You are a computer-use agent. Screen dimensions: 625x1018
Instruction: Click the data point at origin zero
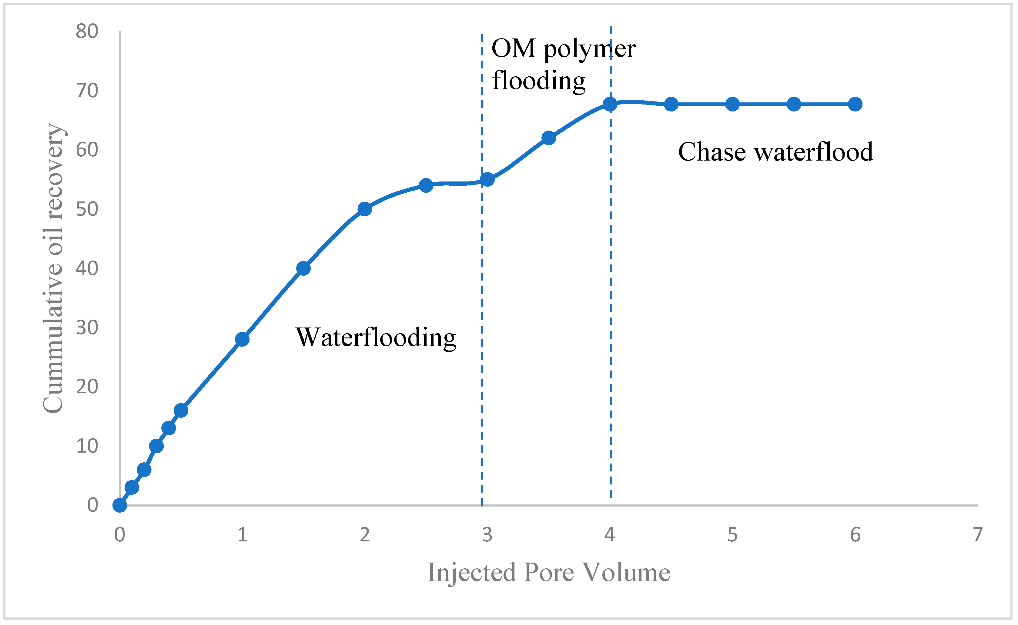click(119, 505)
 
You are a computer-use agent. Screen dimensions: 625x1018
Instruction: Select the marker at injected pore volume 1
click(242, 339)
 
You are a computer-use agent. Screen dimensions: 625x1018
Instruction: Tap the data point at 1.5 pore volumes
click(303, 268)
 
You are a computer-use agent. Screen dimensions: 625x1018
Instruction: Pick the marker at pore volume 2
click(364, 209)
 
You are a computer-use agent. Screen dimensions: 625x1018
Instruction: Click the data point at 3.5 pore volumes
click(548, 138)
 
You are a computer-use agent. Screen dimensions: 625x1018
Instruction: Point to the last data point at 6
click(855, 104)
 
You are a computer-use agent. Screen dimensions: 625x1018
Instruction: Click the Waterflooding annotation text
click(376, 337)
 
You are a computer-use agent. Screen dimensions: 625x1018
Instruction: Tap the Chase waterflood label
click(775, 152)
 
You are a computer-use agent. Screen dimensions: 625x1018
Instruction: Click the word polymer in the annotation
click(589, 49)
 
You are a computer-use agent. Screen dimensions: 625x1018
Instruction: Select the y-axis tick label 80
click(87, 32)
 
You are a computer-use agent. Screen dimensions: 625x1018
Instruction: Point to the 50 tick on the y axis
click(87, 209)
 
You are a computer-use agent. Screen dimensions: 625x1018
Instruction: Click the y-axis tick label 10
click(87, 446)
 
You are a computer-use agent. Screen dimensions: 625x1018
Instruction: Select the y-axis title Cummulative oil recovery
click(53, 269)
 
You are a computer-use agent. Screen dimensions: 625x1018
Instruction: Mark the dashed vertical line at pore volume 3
click(482, 331)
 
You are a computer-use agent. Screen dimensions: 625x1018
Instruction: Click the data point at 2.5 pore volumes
click(426, 185)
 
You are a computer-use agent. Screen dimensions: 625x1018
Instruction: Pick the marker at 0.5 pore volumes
click(181, 411)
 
